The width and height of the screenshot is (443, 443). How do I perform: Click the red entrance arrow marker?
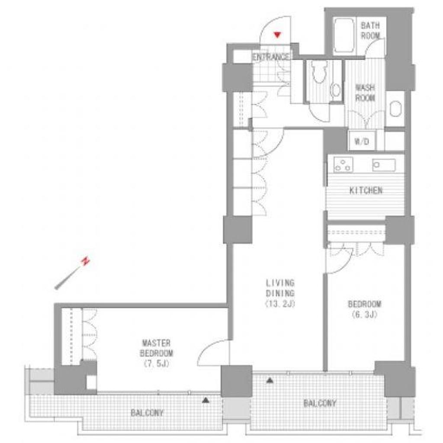pos(277,35)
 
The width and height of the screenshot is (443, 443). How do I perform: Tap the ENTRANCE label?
pos(271,57)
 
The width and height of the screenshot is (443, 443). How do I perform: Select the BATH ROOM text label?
pos(370,31)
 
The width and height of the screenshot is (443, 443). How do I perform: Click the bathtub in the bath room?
pos(343,36)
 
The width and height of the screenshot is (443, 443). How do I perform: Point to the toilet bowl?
pos(319,72)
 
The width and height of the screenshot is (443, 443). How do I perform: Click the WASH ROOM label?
pos(365,93)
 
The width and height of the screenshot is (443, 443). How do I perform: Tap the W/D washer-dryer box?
pos(362,141)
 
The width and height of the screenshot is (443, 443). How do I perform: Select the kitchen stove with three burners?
pos(343,164)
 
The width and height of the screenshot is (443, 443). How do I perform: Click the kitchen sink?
pos(384,165)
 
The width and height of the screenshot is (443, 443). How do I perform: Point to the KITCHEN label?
pos(366,191)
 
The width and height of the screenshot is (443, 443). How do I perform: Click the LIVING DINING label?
pos(280,288)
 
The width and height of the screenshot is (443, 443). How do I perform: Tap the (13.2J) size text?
pos(280,304)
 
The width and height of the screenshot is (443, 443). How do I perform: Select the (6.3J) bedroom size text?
pos(364,315)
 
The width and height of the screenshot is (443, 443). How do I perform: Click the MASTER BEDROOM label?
pos(156,348)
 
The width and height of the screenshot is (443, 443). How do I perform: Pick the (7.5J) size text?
pos(156,363)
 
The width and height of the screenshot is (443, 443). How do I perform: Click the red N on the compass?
pos(85,261)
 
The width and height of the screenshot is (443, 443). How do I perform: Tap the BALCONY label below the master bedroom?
pos(147,413)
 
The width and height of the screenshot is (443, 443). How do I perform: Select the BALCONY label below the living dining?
pos(320,403)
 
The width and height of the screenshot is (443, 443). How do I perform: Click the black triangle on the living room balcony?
pos(270,381)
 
